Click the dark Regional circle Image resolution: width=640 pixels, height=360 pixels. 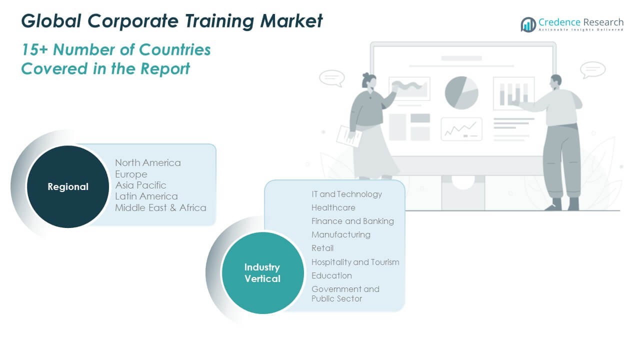coord(67,186)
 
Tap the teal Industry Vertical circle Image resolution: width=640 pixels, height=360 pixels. coord(262,273)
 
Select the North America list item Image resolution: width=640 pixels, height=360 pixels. coord(147,162)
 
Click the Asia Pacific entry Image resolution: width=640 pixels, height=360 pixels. coord(140,185)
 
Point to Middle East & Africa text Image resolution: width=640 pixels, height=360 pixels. coord(160,207)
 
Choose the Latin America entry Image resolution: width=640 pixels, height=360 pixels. coord(146,196)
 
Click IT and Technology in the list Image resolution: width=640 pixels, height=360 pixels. coord(346,194)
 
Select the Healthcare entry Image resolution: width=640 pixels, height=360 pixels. coord(333,207)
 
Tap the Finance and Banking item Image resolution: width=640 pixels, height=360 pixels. coord(352,221)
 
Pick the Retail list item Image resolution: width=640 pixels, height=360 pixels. coord(322,248)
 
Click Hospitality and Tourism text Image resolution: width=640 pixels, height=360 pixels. coord(355,262)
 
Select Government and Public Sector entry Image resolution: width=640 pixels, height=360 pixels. coord(345,293)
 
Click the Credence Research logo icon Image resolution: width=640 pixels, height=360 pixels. coord(528,24)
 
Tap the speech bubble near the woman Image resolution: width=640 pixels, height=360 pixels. coord(332,77)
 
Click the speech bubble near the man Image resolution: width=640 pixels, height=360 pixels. coord(593,69)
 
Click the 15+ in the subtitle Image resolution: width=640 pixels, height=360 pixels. coord(35,49)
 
